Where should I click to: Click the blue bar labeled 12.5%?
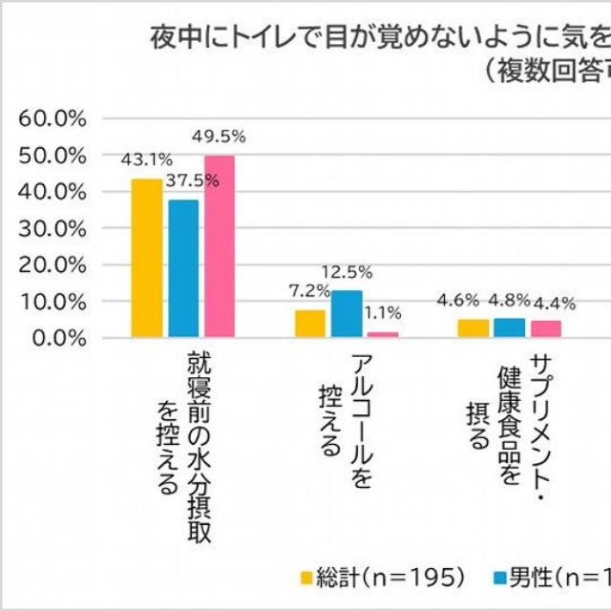tap(347, 314)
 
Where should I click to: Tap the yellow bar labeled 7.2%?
tap(310, 324)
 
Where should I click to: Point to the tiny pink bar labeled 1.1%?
tap(383, 334)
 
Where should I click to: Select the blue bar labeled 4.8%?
tap(509, 328)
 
